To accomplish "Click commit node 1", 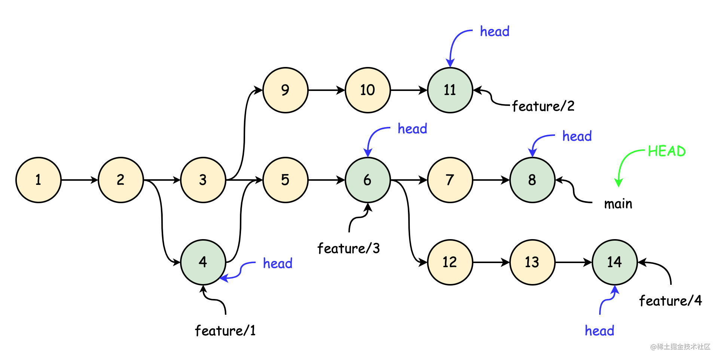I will pos(38,180).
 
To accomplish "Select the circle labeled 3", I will pos(203,180).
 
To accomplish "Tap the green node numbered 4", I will pos(203,262).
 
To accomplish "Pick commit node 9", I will pos(285,90).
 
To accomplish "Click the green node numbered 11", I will pos(450,90).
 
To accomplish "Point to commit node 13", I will pos(532,262).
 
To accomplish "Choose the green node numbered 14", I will pos(614,262).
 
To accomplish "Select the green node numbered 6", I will pos(367,180).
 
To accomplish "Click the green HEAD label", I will pos(666,151).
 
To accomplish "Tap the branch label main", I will pos(618,204).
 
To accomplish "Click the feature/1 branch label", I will pos(225,331).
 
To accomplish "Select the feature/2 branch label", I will pos(543,106).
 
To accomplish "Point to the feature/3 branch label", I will pos(348,248).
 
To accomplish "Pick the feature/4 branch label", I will pos(670,301).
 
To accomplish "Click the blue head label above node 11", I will pos(494,32).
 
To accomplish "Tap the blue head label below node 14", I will pos(599,331).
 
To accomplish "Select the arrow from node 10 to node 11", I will pos(409,90).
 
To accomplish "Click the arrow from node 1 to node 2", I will pos(79,180).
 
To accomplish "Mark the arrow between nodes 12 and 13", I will pos(491,262).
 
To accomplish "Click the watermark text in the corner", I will pos(680,347).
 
